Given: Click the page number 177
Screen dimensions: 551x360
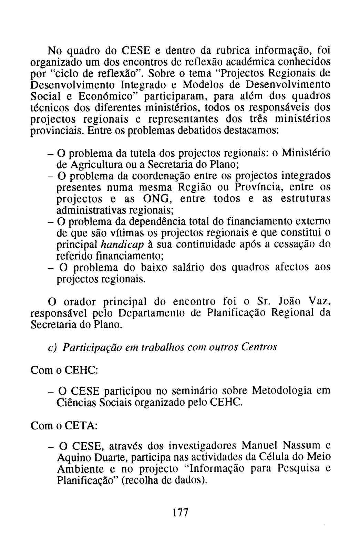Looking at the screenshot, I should point(181,512).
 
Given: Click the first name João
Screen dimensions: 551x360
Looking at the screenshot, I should point(289,301).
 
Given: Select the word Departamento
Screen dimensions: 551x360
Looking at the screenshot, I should point(160,313).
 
